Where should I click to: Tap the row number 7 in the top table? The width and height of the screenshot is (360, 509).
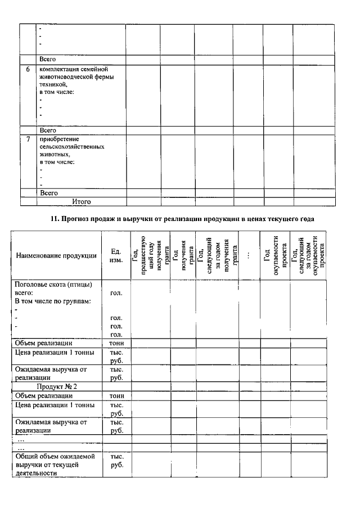29,139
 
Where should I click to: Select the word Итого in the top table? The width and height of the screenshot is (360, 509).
81,201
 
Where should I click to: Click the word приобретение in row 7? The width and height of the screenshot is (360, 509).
58,139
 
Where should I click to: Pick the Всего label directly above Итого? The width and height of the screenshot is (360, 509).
48,193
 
